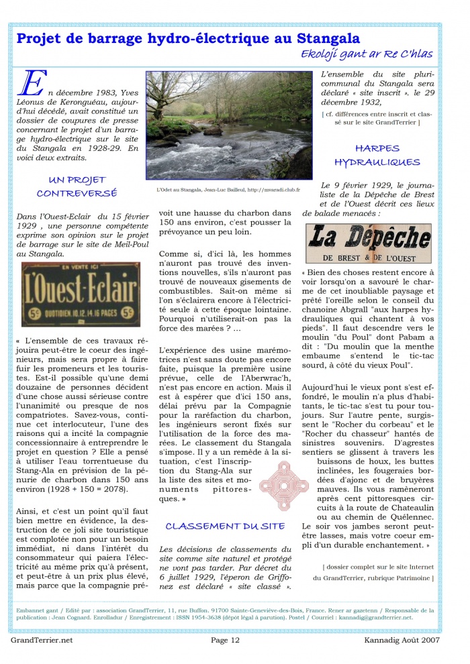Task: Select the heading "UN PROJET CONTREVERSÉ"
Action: click(77, 186)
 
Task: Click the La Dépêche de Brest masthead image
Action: click(368, 243)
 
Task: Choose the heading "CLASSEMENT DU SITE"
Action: click(226, 526)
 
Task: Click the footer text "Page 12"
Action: click(226, 640)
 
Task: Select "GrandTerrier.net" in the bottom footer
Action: click(41, 640)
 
